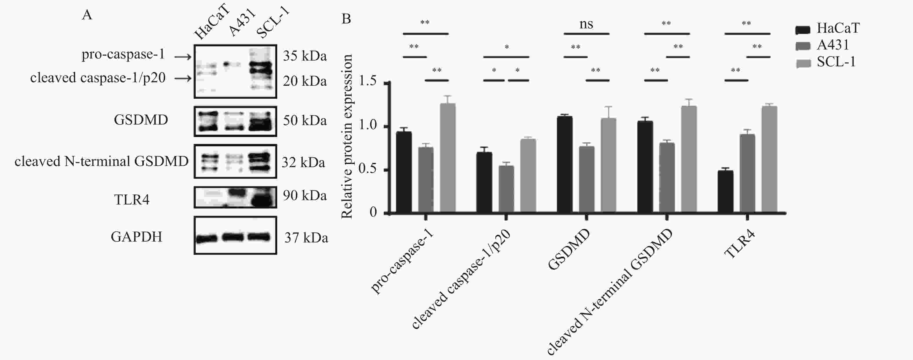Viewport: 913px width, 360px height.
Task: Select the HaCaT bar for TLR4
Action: (x=725, y=192)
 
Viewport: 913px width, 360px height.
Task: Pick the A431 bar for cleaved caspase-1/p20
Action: (x=506, y=190)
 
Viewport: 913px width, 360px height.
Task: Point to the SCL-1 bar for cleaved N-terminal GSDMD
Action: (x=689, y=160)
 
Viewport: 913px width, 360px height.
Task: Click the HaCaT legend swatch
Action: (x=803, y=30)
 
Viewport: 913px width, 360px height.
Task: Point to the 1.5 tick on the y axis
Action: (x=389, y=83)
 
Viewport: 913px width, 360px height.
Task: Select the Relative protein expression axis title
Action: (x=347, y=136)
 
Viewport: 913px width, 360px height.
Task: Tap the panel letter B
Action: (x=346, y=19)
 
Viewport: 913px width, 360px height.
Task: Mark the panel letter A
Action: (x=87, y=15)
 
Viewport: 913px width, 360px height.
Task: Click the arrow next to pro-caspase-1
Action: (x=183, y=56)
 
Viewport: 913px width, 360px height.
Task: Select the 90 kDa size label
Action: (x=304, y=195)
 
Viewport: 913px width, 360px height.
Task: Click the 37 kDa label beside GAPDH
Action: (x=306, y=237)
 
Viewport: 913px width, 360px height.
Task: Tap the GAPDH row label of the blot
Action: (x=137, y=237)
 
